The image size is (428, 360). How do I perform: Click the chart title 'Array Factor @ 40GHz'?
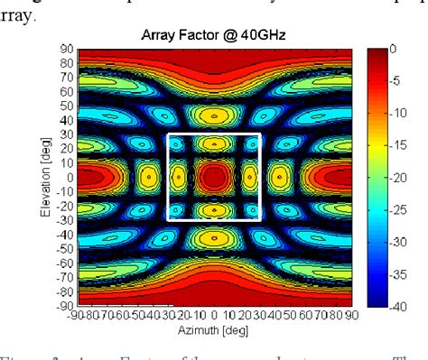214,32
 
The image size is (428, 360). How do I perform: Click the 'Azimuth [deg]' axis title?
214,330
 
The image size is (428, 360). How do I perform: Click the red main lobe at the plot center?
214,177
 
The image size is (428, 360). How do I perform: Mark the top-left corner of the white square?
170,134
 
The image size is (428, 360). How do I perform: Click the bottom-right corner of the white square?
260,220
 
